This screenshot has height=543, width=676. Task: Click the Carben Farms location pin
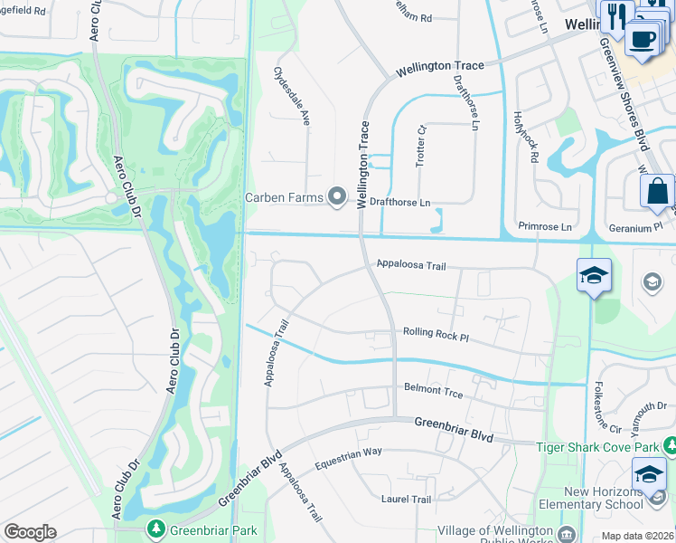[x=338, y=196]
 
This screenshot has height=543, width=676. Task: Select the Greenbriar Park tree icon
[x=156, y=527]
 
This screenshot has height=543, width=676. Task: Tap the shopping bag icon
[x=656, y=192]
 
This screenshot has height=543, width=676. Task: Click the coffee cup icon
[x=642, y=40]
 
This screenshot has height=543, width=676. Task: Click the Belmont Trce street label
[x=433, y=390]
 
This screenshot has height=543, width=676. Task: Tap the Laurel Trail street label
[x=406, y=499]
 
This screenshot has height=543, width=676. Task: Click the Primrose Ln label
[x=546, y=226]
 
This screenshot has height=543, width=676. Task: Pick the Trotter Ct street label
[x=420, y=146]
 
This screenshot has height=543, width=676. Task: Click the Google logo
[x=30, y=532]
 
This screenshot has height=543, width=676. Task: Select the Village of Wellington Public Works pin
[x=567, y=532]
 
